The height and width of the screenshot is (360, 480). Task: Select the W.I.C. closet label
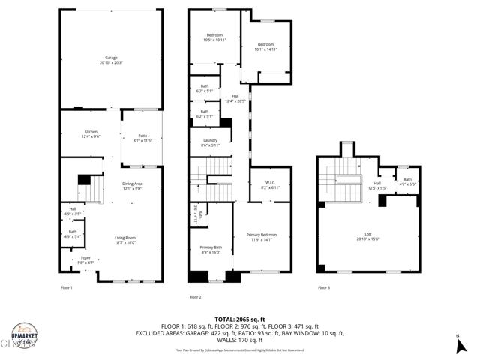click(x=270, y=183)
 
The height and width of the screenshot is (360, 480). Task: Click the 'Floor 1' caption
click(x=67, y=287)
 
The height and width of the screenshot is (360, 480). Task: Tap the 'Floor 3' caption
click(x=323, y=287)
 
